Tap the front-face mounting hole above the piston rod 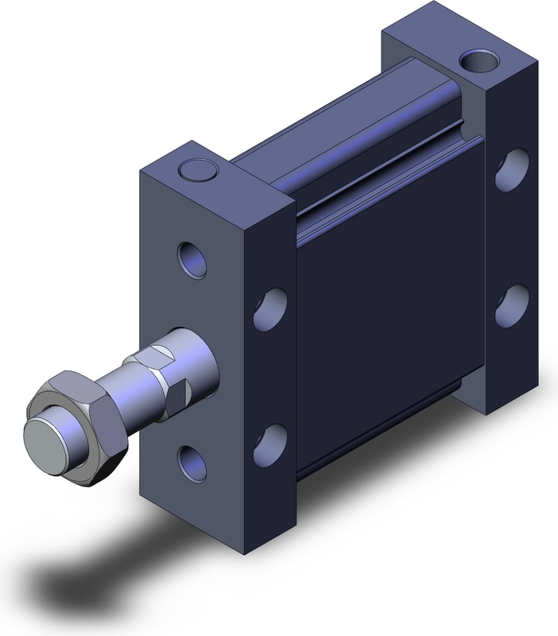(x=192, y=259)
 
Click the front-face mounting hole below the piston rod (x=192, y=462)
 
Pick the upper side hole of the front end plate (x=270, y=309)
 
